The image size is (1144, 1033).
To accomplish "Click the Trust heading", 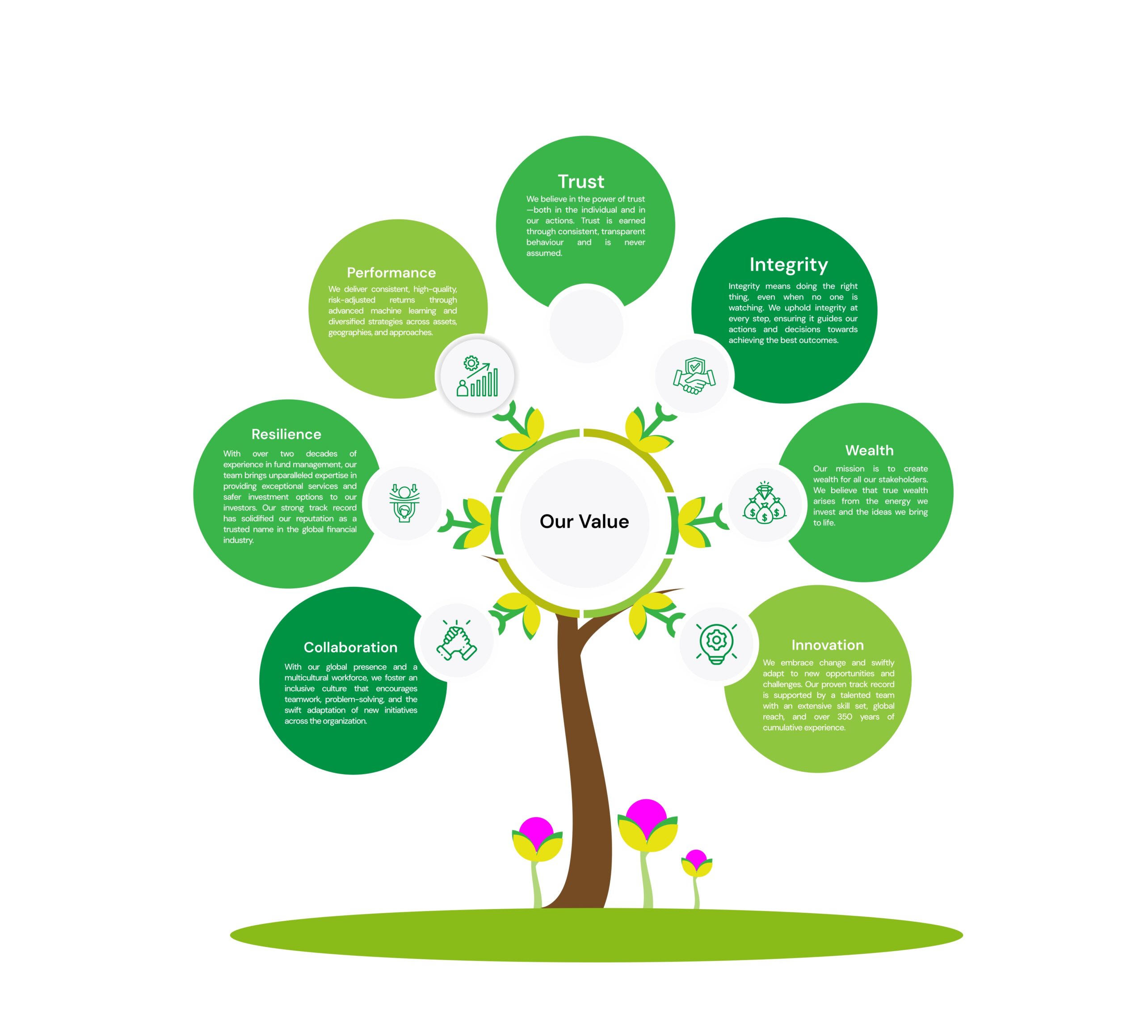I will coord(580,181).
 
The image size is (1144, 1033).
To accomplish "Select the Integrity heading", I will coord(788,265).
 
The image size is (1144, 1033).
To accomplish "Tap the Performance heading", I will coord(391,272).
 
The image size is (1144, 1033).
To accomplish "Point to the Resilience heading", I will coord(286,434).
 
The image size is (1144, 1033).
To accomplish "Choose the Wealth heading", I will coord(869,450).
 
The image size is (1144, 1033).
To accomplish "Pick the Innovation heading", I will coord(827,645).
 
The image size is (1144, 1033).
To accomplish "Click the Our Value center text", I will coord(584,521).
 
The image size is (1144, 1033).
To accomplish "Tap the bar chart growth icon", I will coord(477,376).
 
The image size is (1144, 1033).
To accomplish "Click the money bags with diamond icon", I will coord(764,503).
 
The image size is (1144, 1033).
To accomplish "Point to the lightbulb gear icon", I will coord(716,643).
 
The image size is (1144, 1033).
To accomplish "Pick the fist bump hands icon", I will coord(456,641).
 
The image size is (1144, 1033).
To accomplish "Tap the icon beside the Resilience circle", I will coord(404,503).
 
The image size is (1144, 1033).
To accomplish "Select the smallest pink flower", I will coord(696,863).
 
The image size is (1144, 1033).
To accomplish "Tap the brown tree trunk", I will coord(587,766).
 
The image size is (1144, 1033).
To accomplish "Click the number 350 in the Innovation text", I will coord(845,717).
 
